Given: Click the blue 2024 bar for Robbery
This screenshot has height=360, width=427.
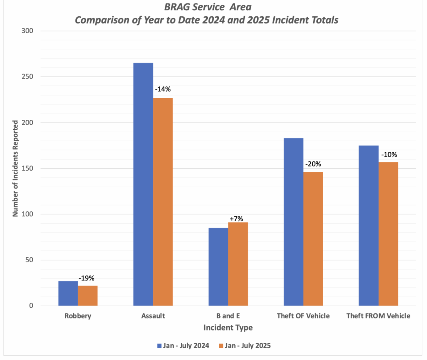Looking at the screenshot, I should point(68,293).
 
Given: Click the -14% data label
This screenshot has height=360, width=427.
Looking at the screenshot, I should point(163,89).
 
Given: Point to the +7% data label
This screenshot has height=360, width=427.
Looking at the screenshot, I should point(236,218).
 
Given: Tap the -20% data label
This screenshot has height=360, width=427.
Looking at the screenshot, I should point(313,164).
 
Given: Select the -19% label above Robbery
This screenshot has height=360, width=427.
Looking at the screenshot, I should point(86,278).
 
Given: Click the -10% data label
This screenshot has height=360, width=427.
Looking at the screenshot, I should point(389,155).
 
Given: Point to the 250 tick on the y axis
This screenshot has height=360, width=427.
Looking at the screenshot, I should point(26,77).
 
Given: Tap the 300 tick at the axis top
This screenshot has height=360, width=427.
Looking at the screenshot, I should point(26,31).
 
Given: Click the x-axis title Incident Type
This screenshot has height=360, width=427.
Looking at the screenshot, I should point(228,328).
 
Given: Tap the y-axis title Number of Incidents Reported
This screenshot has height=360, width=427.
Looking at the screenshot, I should point(15,168).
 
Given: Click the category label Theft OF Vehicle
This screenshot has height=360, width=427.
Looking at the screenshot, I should point(303,316).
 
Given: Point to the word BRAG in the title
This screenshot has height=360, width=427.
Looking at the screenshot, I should point(177,7).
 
